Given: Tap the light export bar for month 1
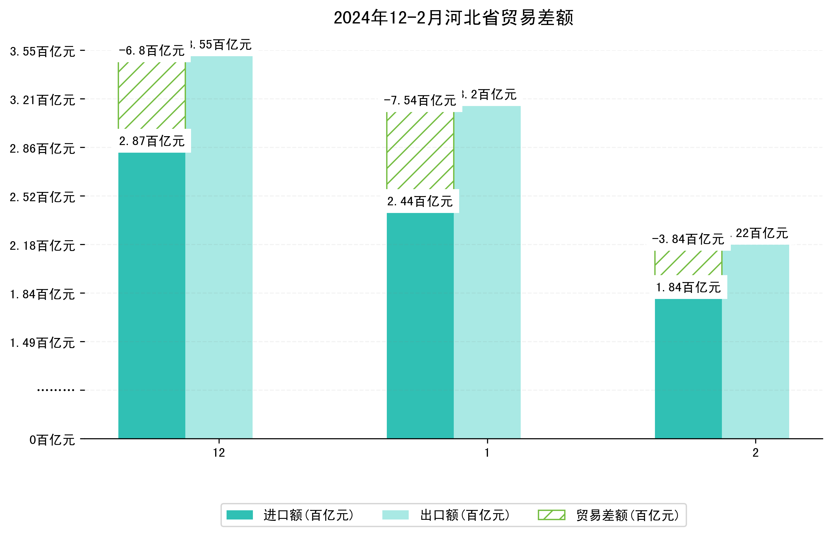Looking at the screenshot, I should coord(487,271).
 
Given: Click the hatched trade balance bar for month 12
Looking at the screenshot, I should coord(151,96).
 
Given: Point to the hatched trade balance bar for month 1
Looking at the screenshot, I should coord(420,150).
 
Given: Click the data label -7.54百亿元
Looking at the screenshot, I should coord(420,101).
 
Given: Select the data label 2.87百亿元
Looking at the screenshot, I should coord(152,141).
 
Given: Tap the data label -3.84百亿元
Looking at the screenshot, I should coord(688,239).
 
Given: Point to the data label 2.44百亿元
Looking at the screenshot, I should coord(420,201).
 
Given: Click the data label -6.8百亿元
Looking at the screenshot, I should coord(152,51).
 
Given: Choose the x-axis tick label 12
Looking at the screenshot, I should coord(219,453).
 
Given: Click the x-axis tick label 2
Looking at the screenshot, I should coord(756,453).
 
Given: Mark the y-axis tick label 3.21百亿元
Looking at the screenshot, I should coord(43,100).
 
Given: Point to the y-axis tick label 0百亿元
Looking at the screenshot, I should coord(52,440).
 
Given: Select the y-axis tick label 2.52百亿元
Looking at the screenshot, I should coord(43,197).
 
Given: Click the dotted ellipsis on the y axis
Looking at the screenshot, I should coord(56,390).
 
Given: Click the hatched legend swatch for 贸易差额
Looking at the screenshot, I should coord(551,515).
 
